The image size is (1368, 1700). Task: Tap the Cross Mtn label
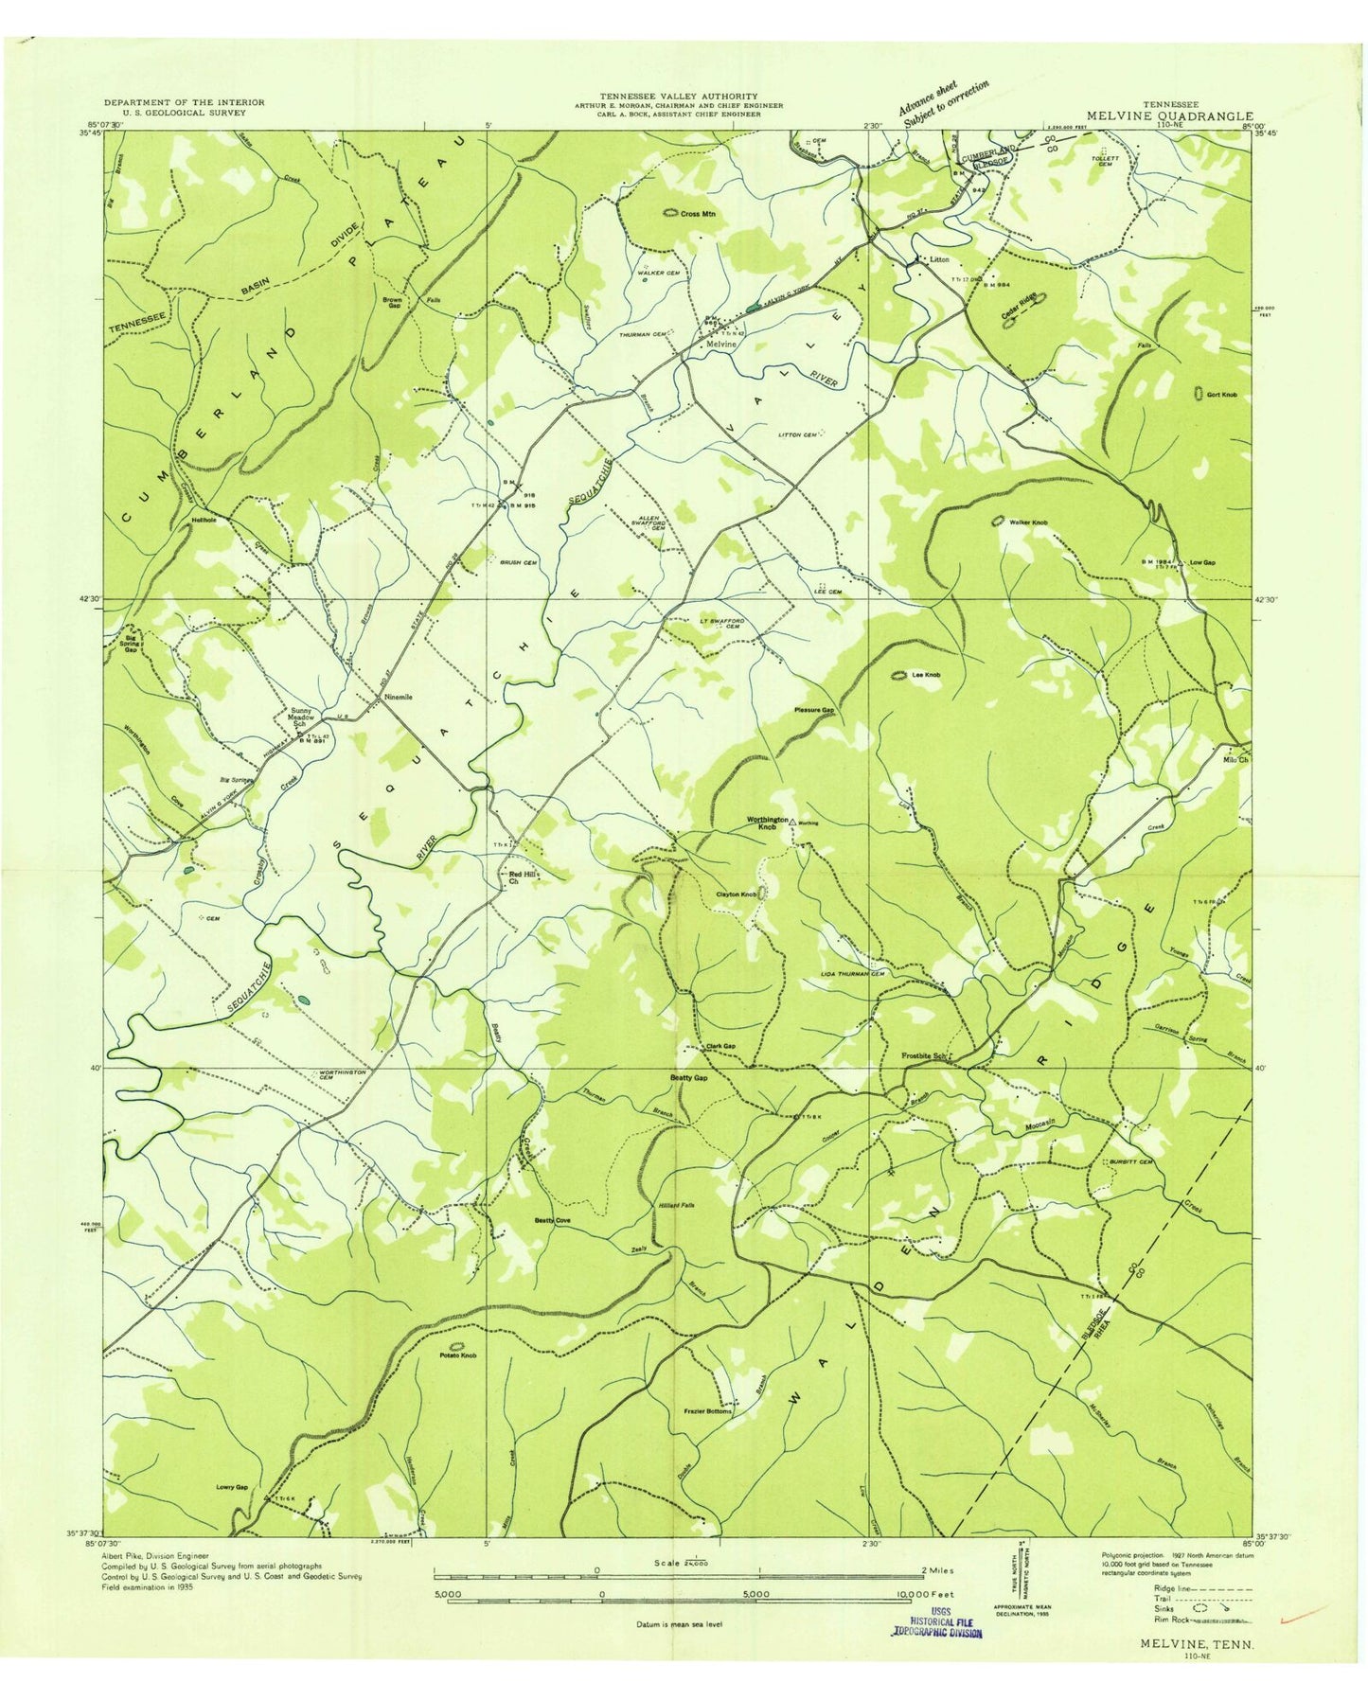click(699, 214)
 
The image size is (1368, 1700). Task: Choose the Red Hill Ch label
click(519, 877)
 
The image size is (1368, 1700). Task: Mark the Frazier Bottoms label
click(707, 1410)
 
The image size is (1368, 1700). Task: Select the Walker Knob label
click(1028, 522)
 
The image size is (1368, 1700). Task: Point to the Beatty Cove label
click(552, 1220)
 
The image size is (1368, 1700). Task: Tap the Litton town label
click(938, 258)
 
